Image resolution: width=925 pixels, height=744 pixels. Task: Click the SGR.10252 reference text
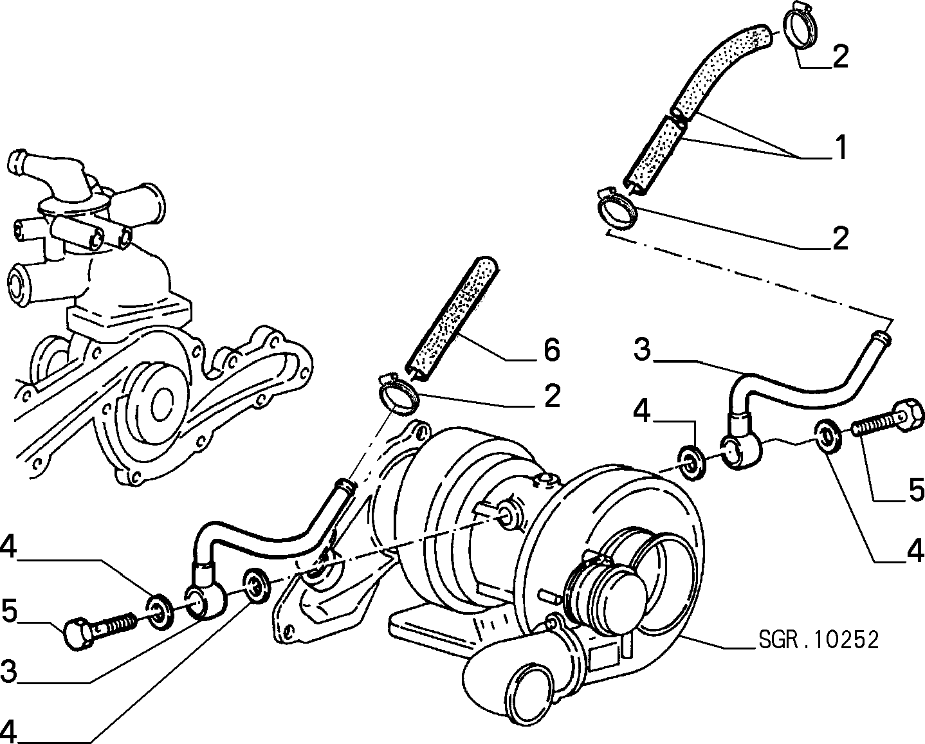tap(818, 640)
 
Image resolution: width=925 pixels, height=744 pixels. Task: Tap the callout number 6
tap(552, 350)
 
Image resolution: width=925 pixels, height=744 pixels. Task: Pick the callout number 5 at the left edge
tap(10, 611)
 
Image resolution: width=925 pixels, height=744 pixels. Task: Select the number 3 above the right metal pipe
tap(643, 349)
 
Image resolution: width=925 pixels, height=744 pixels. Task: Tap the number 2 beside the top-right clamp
tap(841, 57)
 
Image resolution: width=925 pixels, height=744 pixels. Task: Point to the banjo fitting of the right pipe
tap(740, 451)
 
